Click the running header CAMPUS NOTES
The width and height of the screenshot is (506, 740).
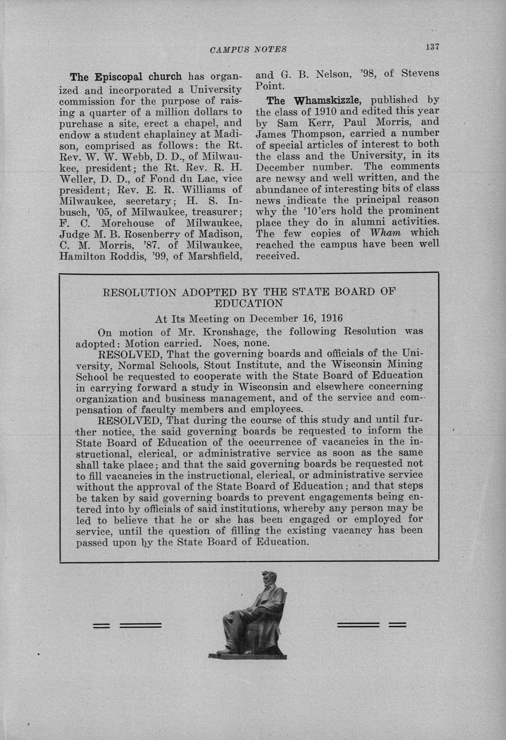[x=248, y=49]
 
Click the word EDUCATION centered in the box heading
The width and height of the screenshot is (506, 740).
[x=249, y=304]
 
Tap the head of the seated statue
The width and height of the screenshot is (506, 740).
[x=267, y=580]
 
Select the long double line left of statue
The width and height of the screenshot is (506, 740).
[x=141, y=625]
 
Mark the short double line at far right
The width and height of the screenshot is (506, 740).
[x=397, y=624]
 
